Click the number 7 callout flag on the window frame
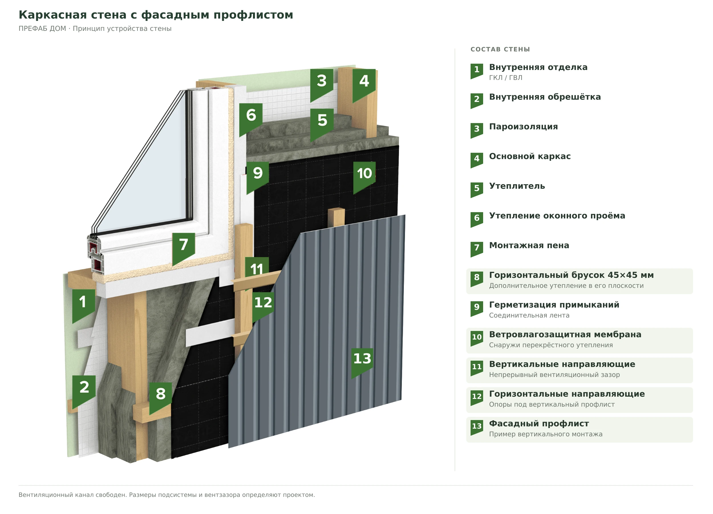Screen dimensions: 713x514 (184, 247)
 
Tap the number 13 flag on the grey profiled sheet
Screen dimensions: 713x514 (362, 361)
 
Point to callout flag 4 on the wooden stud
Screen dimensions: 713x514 (364, 83)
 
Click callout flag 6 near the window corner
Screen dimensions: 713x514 (251, 118)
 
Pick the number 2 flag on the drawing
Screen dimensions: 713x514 (84, 390)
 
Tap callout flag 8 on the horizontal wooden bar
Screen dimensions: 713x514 (161, 396)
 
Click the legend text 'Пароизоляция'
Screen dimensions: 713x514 (523, 127)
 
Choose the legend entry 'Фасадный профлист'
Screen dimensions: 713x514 (539, 424)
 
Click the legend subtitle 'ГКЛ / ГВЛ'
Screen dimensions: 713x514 (505, 77)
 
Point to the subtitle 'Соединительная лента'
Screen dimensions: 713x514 (529, 315)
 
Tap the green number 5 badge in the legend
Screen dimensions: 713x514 (477, 190)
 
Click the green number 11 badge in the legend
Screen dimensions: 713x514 (477, 368)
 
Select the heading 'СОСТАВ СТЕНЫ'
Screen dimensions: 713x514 (500, 49)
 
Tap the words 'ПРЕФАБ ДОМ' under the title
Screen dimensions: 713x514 (42, 29)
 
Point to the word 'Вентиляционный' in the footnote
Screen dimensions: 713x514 (46, 495)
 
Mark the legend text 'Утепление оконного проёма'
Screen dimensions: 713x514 (557, 216)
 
